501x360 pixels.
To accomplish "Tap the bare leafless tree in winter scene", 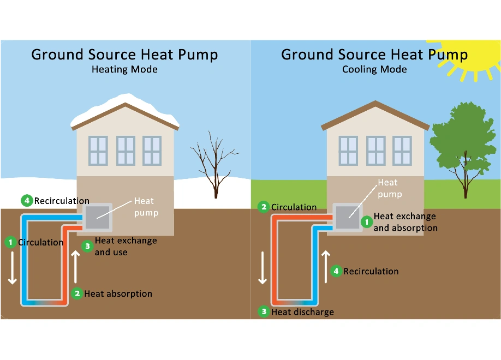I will point(214,164).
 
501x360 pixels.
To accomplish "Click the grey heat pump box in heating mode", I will point(97,218).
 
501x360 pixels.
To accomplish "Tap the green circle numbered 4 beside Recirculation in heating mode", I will point(27,201).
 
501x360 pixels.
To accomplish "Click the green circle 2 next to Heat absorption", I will point(77,293).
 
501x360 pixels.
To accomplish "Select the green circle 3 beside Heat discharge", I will point(264,312).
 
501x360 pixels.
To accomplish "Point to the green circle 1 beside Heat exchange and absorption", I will point(366,222).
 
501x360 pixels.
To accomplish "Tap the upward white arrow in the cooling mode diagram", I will point(326,267).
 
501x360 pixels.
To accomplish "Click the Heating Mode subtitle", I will point(124,70).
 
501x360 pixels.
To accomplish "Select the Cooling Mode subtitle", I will point(374,70).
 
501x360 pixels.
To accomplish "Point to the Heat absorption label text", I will point(118,293).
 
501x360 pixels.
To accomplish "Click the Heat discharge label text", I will point(302,312).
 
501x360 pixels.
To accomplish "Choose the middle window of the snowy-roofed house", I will point(126,151).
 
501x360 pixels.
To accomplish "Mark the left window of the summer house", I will point(348,151).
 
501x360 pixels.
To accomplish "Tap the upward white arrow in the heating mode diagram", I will point(76,267).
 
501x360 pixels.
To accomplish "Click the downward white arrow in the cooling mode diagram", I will point(263,267).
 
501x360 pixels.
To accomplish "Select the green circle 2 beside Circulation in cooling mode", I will point(264,207).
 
